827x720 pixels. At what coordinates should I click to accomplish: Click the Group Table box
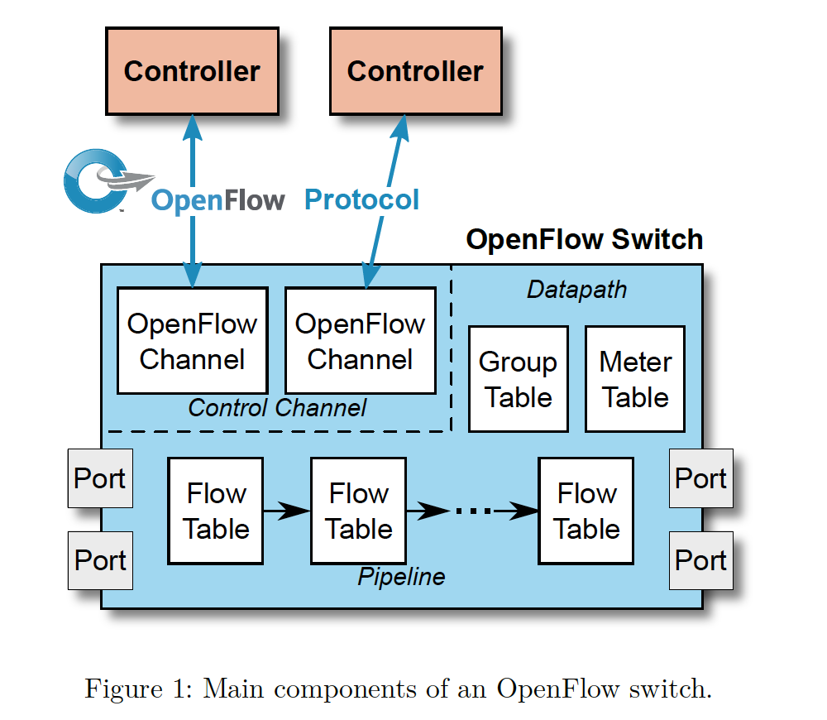519,379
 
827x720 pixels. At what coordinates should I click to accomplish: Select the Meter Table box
635,379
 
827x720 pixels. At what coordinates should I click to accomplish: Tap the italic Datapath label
576,290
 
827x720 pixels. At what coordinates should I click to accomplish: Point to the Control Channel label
277,408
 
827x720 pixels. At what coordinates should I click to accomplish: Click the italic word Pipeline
401,577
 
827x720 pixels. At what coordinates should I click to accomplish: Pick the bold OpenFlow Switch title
584,240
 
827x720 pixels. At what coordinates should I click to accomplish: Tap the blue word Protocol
362,199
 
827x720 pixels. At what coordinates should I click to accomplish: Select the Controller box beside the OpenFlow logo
192,71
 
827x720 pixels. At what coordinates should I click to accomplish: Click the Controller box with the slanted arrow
415,71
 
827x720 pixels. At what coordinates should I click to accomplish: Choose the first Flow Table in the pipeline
216,511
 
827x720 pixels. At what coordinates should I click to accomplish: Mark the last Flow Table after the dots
586,511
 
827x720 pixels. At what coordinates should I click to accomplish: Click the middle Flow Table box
358,511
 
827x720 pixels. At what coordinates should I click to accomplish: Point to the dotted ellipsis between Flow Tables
473,511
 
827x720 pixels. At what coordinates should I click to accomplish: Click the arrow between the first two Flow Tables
286,511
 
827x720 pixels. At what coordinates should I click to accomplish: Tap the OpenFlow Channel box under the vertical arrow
192,341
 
